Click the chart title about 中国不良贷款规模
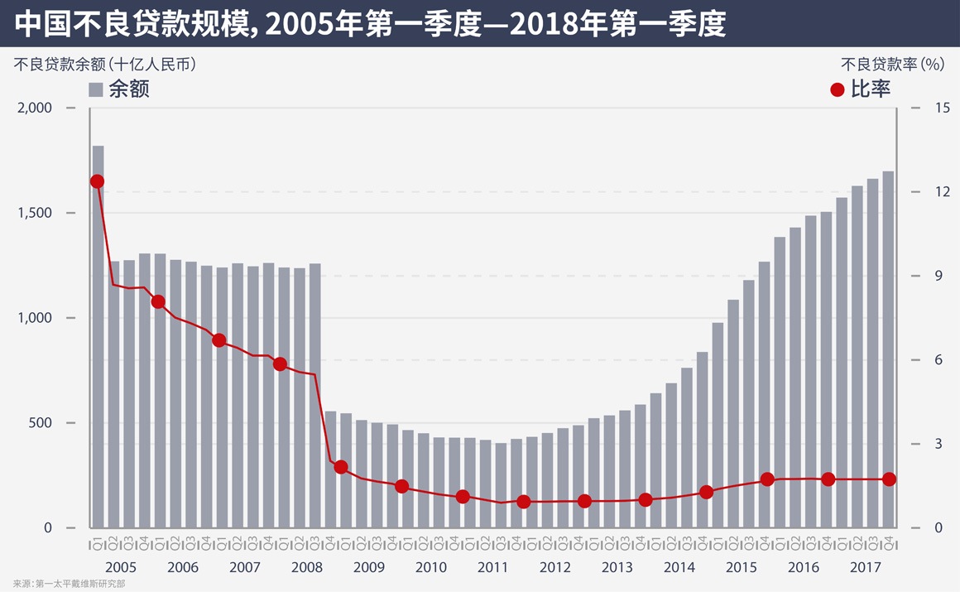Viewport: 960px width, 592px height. (x=370, y=23)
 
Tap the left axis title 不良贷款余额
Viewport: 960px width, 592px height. (x=104, y=64)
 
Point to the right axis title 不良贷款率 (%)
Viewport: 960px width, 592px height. (x=891, y=64)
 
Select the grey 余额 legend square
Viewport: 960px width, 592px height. (x=96, y=89)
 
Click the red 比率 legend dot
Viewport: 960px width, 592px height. (x=837, y=89)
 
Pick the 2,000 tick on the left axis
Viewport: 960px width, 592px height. (x=34, y=108)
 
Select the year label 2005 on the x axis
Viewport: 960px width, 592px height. (x=121, y=568)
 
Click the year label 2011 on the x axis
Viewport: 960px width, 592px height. (x=493, y=568)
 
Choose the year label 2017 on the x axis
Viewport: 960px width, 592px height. (x=866, y=568)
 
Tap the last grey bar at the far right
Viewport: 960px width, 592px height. (x=888, y=348)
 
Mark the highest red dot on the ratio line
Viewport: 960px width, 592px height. (x=97, y=181)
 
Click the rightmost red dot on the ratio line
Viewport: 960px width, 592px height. (x=889, y=479)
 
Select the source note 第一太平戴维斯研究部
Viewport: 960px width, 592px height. (x=80, y=585)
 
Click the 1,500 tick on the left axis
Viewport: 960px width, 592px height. (x=34, y=213)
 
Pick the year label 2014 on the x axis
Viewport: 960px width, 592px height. (x=679, y=568)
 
